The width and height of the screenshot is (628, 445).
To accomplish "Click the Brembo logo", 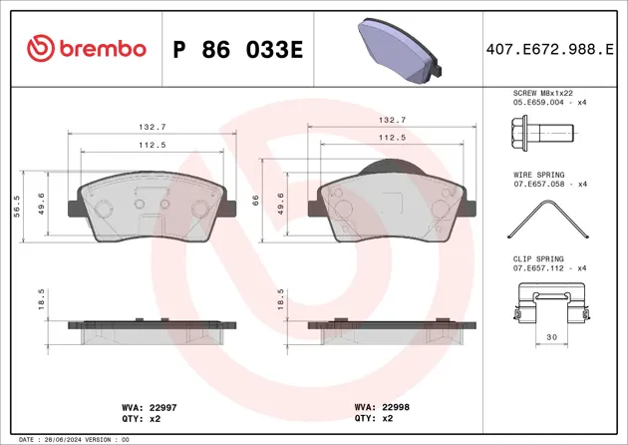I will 87,48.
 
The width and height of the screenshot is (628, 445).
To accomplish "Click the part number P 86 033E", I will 237,49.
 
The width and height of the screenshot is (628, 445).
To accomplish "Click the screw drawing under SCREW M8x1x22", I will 542,131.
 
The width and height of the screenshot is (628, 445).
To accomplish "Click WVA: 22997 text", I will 136,407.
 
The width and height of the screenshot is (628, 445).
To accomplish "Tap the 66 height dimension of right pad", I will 257,201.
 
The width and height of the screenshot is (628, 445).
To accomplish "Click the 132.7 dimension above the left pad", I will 153,127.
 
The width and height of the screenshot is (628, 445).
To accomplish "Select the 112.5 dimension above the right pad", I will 392,138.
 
